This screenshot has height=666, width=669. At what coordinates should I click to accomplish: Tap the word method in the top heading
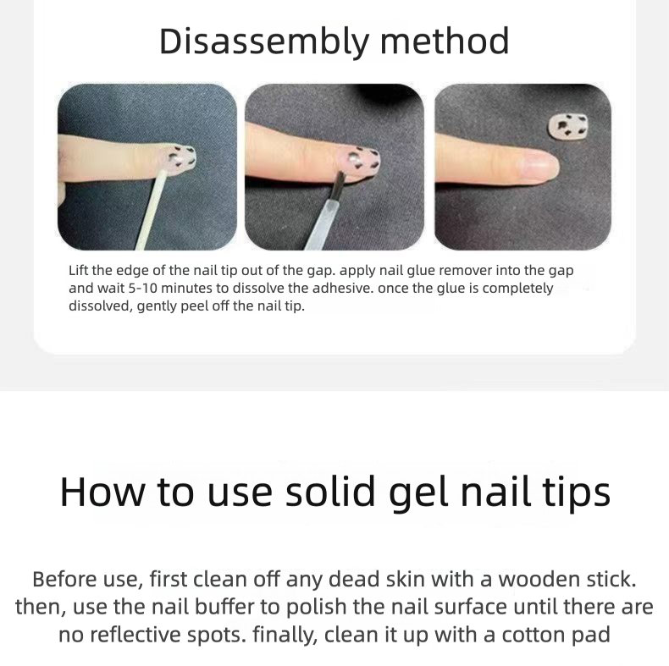(449, 41)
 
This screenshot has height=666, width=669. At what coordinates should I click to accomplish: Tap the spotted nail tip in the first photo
(180, 157)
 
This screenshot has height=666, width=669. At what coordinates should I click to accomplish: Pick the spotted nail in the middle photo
(366, 160)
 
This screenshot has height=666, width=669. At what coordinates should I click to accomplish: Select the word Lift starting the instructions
(80, 271)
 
